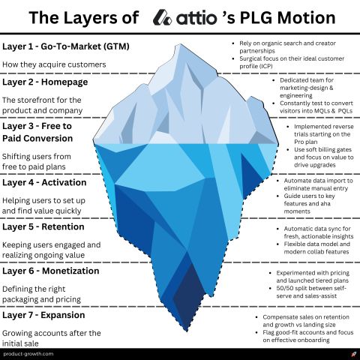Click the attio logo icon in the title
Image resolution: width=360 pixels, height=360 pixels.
[x=162, y=17]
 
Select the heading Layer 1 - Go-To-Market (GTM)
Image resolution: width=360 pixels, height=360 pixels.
[x=66, y=46]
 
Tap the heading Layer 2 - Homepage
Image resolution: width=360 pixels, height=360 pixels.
[x=45, y=82]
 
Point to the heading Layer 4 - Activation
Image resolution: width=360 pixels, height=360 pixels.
[x=44, y=182]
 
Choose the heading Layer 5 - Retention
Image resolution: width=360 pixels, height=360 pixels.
[x=43, y=226]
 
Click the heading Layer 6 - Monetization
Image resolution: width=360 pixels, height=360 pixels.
[x=51, y=271]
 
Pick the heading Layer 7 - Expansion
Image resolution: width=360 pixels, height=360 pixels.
[x=43, y=315]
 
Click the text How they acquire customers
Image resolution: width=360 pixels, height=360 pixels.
[x=54, y=64]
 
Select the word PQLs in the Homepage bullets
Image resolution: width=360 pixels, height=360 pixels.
[x=345, y=111]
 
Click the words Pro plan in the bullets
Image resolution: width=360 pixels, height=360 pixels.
[x=306, y=142]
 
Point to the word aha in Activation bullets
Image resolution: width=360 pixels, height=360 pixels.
[x=325, y=203]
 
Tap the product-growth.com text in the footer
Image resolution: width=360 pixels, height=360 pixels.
[x=28, y=354]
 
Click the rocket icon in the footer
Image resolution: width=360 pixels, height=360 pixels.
[x=353, y=354]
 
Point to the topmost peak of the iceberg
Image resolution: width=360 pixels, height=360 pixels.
[x=181, y=44]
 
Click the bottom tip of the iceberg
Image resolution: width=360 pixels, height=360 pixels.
[x=187, y=331]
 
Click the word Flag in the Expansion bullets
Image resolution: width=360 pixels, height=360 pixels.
[x=268, y=332]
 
